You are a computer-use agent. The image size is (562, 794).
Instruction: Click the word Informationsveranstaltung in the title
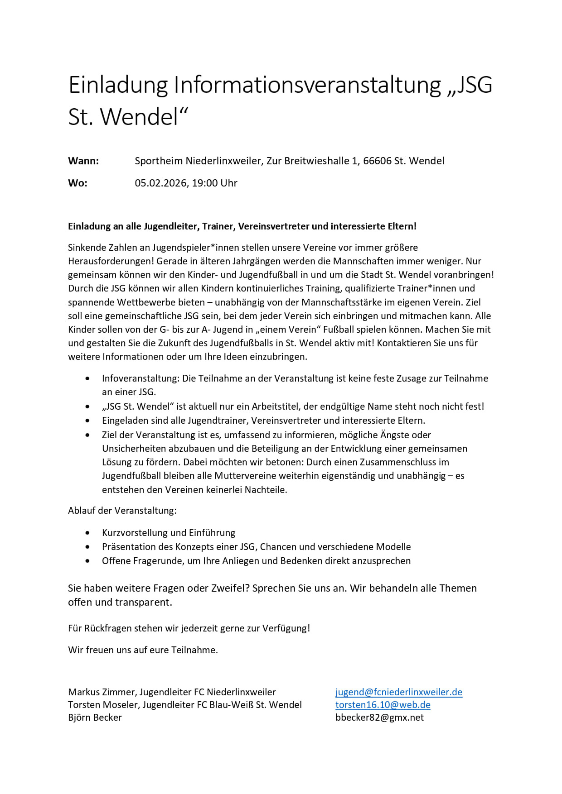(x=307, y=85)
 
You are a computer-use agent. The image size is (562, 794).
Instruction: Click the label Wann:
(x=83, y=161)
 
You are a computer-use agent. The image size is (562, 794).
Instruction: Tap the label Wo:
(x=78, y=183)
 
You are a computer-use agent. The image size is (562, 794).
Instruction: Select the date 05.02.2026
(x=161, y=183)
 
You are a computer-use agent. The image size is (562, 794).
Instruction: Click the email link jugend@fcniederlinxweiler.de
(x=399, y=692)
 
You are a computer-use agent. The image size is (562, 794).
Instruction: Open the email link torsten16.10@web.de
(x=383, y=704)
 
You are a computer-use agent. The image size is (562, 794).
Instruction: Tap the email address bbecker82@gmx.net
(x=379, y=717)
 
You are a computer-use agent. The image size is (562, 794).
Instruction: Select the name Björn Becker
(x=95, y=717)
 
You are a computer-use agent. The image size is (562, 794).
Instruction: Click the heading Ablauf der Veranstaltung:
(x=122, y=510)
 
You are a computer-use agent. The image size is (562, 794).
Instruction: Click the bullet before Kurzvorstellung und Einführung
(x=87, y=533)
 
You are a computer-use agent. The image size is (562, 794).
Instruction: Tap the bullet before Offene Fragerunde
(x=87, y=561)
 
